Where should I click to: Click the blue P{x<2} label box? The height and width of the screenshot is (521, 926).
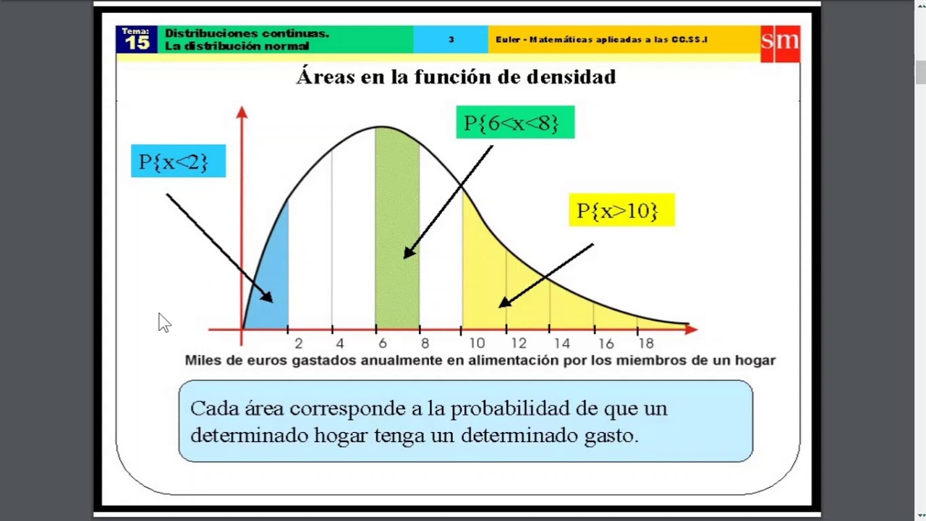178,161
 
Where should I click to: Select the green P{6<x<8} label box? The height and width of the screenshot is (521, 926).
515,122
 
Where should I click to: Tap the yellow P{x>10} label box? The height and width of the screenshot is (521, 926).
621,211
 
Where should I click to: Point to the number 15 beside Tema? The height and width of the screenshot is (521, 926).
137,43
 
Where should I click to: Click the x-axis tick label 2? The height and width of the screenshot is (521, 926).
298,344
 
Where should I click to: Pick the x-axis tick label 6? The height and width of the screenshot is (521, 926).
383,344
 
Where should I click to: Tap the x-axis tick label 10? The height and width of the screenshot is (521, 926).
477,344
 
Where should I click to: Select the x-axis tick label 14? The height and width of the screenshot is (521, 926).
561,344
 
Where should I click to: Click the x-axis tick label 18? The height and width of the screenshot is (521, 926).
646,344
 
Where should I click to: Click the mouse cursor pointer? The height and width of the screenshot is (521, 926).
163,322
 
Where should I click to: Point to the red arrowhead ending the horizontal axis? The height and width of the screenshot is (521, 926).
691,329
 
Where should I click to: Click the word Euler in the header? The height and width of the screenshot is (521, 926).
509,40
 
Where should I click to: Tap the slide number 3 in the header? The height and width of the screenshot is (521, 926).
451,40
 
